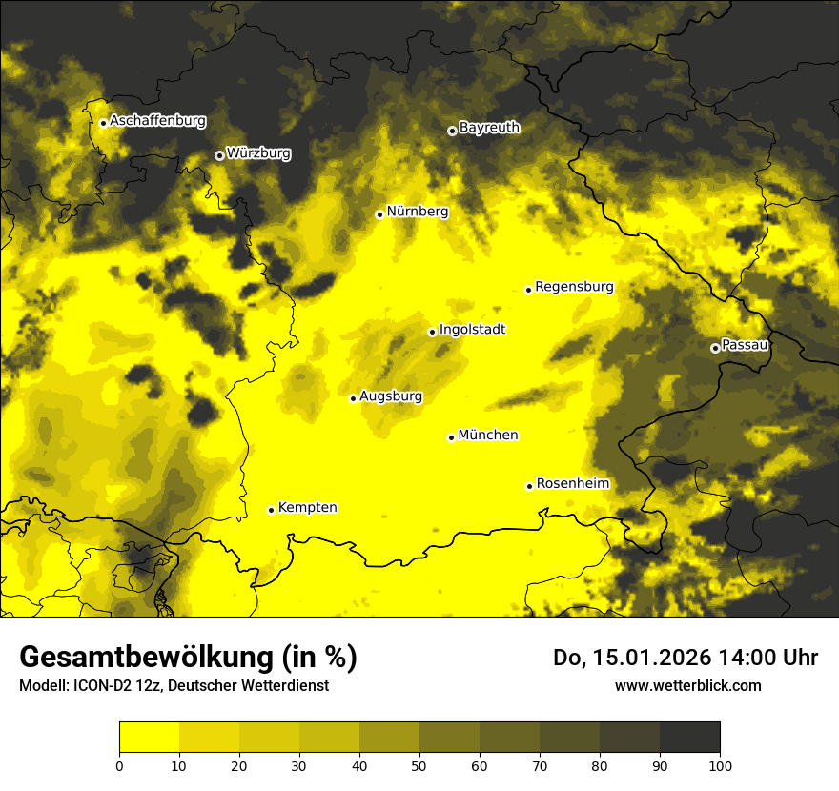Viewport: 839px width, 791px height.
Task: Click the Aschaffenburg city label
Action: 157,121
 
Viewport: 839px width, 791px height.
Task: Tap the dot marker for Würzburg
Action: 219,155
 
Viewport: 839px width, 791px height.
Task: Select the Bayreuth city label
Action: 489,127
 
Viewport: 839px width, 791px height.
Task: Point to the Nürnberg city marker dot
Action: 379,214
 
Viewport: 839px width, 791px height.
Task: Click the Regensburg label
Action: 574,287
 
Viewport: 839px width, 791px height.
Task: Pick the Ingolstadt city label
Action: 472,330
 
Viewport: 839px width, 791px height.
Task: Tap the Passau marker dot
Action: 715,348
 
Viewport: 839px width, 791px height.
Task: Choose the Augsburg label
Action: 390,396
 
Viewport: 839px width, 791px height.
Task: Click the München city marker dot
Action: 451,437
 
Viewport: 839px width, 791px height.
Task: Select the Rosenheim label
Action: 572,484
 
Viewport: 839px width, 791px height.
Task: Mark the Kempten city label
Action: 307,508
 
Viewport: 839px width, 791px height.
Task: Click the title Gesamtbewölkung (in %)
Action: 188,658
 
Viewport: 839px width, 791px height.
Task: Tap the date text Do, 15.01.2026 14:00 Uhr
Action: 685,658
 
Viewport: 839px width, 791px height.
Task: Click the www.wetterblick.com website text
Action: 687,685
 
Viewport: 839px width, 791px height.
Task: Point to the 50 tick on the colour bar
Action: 419,764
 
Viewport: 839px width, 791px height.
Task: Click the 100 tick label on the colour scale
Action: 720,764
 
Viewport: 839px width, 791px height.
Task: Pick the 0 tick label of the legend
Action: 119,764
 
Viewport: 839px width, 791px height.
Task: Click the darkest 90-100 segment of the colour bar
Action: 689,737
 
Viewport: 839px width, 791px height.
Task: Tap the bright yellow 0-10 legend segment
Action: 149,737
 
